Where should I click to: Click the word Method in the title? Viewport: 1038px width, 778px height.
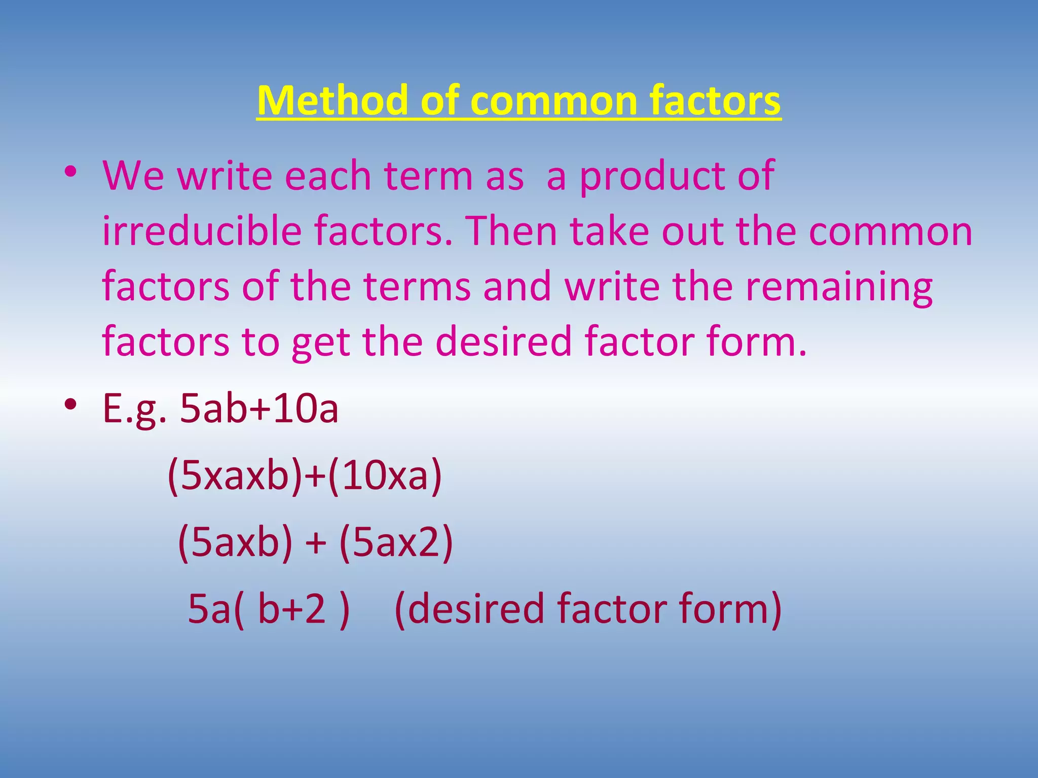(x=331, y=101)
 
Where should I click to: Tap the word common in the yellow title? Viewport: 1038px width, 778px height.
(x=553, y=101)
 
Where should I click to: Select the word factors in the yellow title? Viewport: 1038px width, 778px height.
(x=715, y=101)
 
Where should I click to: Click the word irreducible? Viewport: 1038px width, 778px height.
(x=202, y=231)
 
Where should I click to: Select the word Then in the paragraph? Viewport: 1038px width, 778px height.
(x=511, y=231)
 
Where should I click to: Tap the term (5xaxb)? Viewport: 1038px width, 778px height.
(x=235, y=476)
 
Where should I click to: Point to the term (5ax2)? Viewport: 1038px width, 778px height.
(x=396, y=543)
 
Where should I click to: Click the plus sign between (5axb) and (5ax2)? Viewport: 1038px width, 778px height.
(x=315, y=543)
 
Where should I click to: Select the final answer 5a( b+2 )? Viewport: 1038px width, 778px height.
(x=269, y=609)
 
